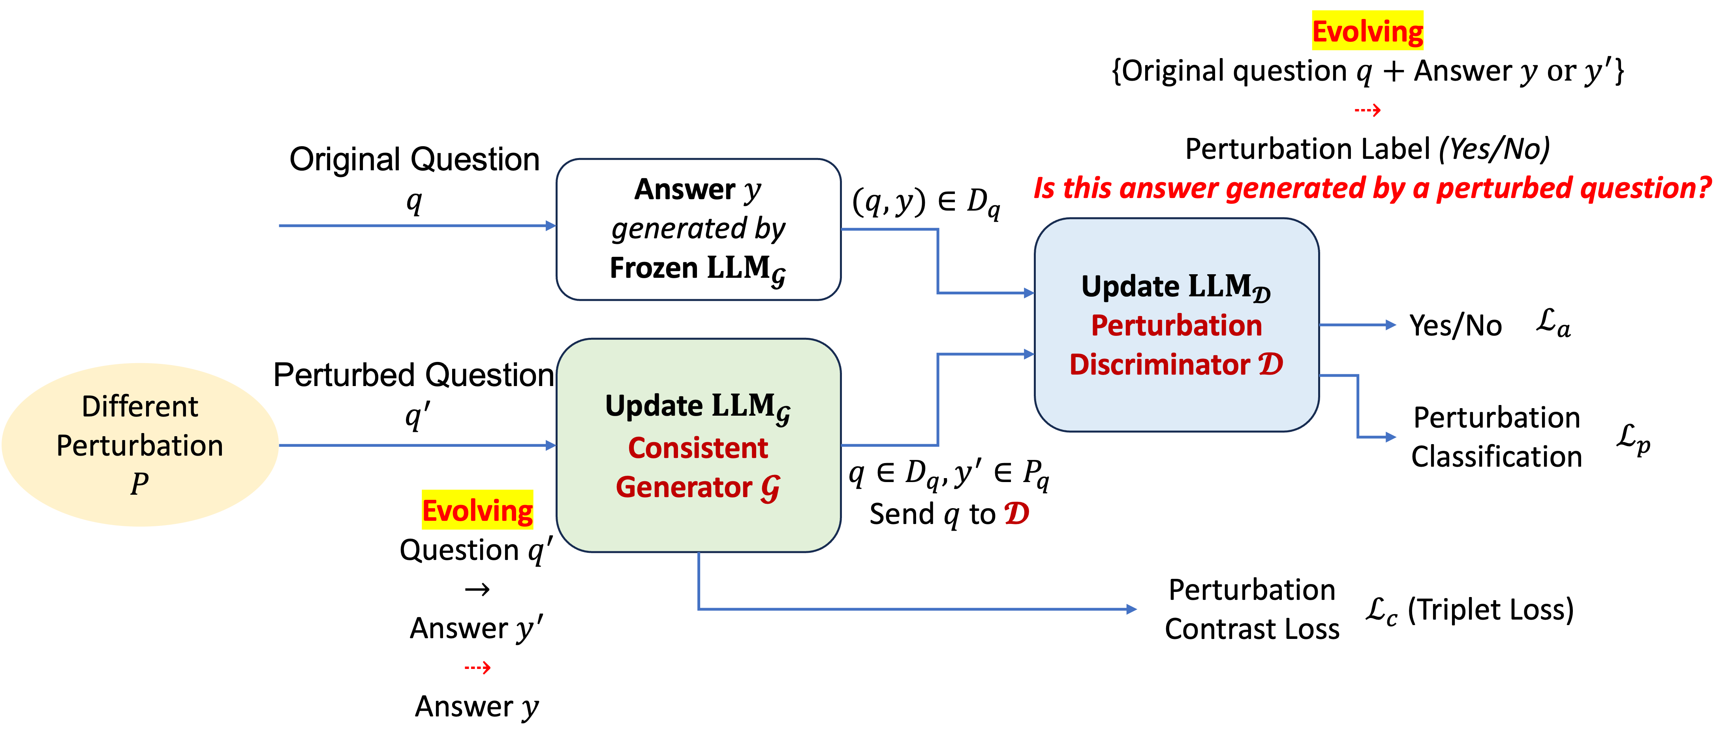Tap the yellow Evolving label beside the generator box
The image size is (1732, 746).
[x=477, y=510]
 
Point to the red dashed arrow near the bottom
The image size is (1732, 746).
[x=477, y=667]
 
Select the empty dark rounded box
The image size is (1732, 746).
[x=698, y=229]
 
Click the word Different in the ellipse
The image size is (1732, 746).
[x=140, y=406]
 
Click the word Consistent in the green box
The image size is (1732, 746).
[x=698, y=448]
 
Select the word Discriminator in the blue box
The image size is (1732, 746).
[x=1159, y=365]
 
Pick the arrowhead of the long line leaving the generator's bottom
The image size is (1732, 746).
[x=1132, y=609]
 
